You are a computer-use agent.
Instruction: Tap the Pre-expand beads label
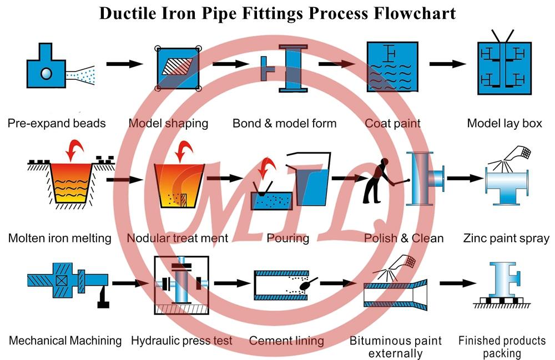click(57, 123)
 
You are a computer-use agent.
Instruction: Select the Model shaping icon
click(178, 67)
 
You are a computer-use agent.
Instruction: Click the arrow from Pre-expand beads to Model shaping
click(124, 64)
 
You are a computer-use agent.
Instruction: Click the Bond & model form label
click(284, 123)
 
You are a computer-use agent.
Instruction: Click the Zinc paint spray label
click(506, 239)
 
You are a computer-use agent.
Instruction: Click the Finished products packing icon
click(502, 286)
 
